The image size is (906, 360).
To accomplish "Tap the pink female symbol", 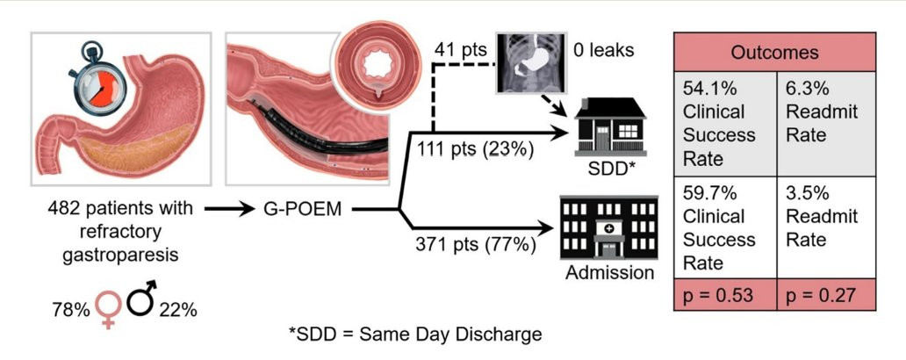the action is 108,306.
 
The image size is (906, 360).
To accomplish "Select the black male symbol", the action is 140,299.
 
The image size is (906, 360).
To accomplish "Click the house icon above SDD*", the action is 609,127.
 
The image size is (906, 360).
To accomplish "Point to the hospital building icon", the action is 609,227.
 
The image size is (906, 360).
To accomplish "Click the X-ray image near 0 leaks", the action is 530,63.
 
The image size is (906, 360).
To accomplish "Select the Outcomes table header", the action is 774,52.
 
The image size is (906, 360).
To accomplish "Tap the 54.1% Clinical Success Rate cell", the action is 725,124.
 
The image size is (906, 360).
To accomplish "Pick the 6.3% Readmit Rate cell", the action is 826,124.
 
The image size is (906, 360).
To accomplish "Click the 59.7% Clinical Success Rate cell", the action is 725,227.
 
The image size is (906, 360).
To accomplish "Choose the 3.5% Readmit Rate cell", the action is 826,227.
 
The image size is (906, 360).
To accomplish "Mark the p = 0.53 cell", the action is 725,295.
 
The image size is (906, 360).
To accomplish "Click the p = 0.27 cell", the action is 826,295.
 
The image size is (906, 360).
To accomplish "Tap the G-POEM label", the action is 298,209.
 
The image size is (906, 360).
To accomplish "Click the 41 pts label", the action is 461,50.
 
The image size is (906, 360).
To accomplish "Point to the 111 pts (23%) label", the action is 474,149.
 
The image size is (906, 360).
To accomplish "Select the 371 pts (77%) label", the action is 474,245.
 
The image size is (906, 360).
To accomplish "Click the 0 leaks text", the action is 603,50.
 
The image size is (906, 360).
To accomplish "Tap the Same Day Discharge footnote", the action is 415,335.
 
